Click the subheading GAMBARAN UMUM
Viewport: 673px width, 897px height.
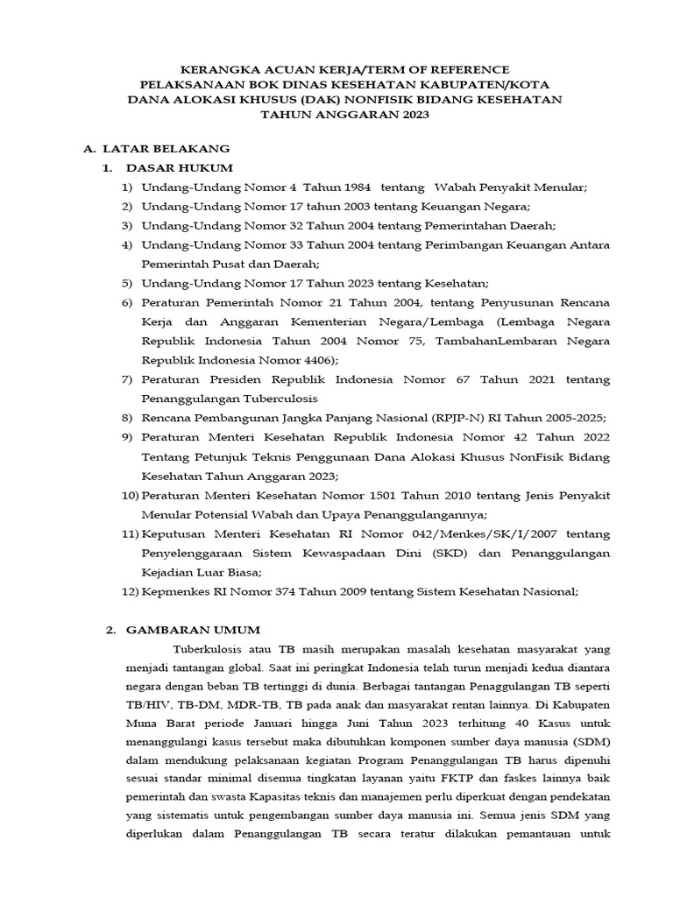193,630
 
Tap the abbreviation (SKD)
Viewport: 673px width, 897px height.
453,553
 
